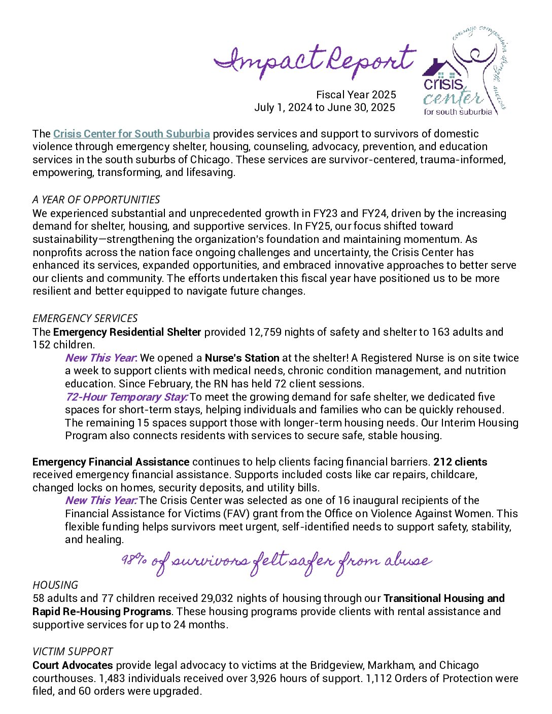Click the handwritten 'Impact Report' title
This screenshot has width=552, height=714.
[315, 61]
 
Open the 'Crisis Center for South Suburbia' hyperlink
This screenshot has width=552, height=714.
[131, 134]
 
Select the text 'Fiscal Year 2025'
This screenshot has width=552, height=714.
[356, 95]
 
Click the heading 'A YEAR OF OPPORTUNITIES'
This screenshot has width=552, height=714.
[96, 200]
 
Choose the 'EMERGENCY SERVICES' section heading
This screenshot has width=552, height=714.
[85, 318]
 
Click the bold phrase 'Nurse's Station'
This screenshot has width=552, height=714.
[242, 358]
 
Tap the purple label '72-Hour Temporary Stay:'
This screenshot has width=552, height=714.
[126, 397]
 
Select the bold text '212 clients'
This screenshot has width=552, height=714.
[460, 462]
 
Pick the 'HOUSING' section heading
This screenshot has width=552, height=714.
[55, 585]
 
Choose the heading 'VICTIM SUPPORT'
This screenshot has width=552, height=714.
[73, 652]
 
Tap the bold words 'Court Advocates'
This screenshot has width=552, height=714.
[73, 665]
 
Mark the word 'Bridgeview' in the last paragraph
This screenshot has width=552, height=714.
[336, 665]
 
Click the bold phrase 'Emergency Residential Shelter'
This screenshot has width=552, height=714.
[127, 332]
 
